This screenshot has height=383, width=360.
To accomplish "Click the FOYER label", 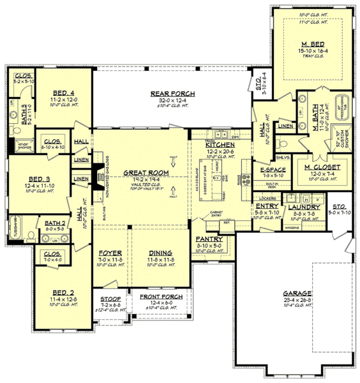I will (110, 253).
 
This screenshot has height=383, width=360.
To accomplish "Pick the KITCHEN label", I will (219, 145).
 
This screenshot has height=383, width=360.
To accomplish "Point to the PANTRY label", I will (209, 238).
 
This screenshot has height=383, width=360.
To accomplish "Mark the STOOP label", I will (110, 298).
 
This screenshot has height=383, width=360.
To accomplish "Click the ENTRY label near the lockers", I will (263, 207).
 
